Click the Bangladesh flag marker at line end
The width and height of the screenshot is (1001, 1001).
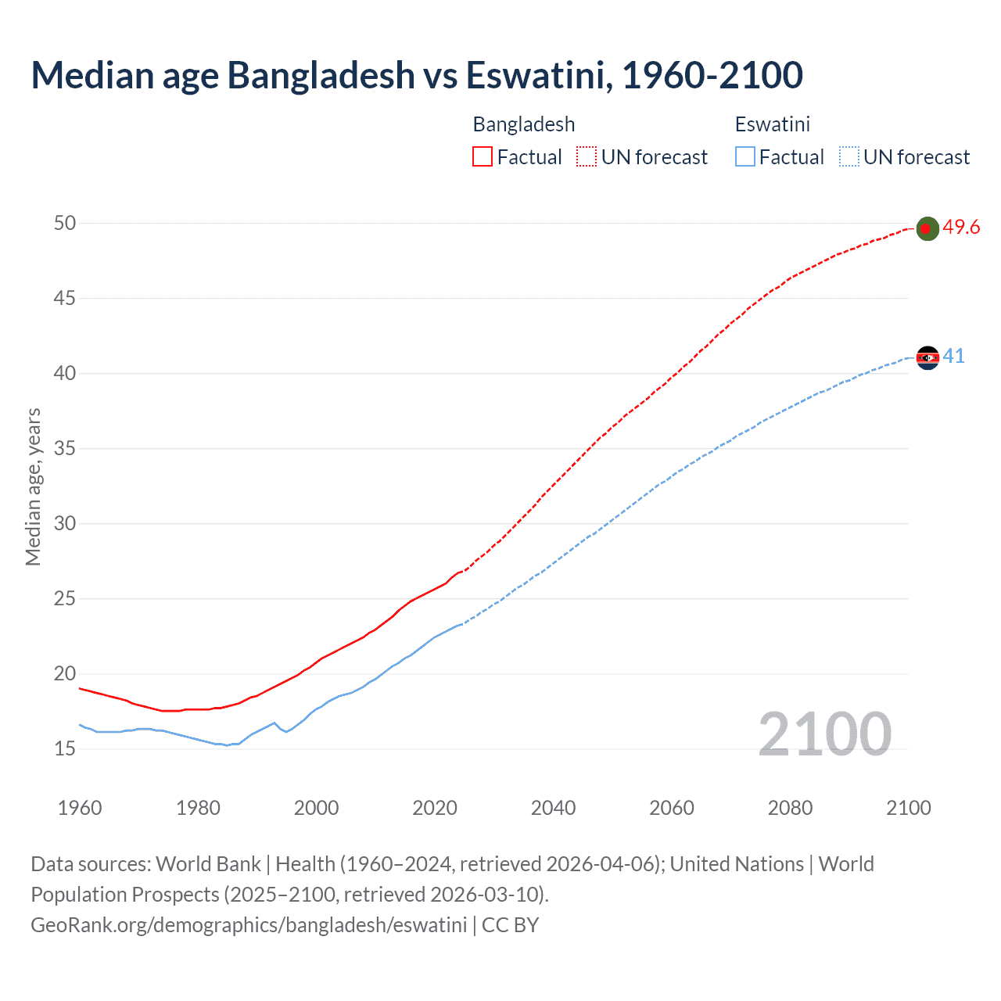(x=927, y=228)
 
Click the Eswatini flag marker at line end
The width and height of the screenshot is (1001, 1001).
(x=927, y=357)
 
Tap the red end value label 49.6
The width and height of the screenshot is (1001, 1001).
(x=961, y=227)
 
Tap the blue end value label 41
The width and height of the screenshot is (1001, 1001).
(x=953, y=356)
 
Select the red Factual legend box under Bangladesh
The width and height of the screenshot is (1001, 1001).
(x=483, y=156)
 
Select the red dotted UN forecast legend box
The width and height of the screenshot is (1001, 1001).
(x=587, y=156)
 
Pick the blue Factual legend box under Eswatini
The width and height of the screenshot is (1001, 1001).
(x=744, y=156)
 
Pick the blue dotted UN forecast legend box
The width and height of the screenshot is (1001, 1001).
(x=849, y=156)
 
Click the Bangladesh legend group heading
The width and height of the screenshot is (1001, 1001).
(x=524, y=124)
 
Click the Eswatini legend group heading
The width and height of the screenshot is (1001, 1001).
(x=772, y=124)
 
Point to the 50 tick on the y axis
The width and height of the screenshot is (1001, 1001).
(x=65, y=223)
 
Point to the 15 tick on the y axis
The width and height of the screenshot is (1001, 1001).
(x=65, y=748)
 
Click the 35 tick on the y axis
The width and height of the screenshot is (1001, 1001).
(x=65, y=448)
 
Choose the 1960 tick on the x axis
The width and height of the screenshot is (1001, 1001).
(x=80, y=808)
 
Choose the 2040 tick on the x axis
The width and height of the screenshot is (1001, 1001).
(x=553, y=808)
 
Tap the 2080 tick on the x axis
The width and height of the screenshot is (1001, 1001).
(x=790, y=808)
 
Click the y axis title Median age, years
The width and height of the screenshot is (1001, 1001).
(x=33, y=486)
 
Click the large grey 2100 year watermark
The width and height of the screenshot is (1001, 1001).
(x=824, y=734)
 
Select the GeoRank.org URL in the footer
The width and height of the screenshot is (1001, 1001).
(x=249, y=924)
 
